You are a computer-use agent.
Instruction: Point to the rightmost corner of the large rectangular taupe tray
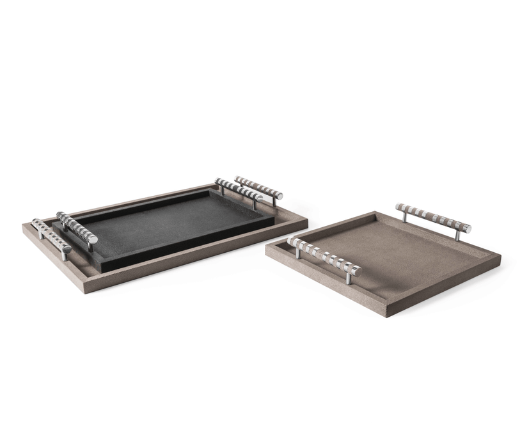coord(307,221)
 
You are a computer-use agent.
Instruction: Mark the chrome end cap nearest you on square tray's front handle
coord(357,271)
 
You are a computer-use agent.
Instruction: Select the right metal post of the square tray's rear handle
coord(458,234)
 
